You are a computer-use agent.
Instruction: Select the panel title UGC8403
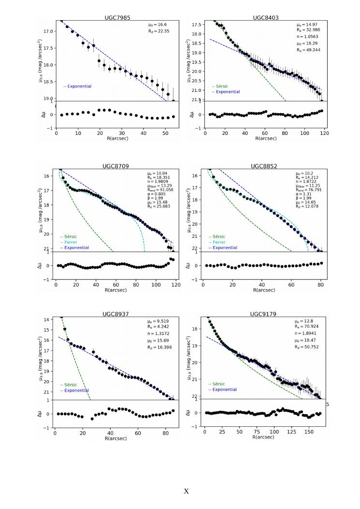click(265, 17)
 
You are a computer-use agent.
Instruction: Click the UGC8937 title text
click(115, 314)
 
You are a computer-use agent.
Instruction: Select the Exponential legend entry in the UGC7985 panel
click(77, 87)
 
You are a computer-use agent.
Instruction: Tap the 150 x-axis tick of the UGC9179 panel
click(308, 430)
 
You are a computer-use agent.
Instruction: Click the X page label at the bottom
click(186, 491)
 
